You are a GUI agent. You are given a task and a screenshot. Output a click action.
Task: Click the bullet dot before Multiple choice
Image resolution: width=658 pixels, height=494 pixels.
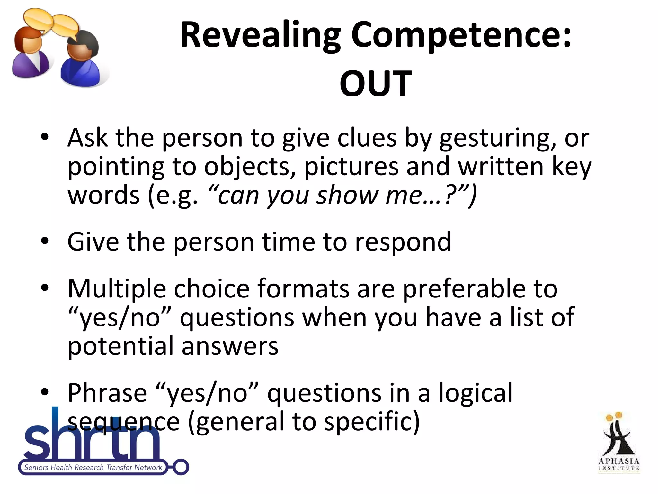point(45,287)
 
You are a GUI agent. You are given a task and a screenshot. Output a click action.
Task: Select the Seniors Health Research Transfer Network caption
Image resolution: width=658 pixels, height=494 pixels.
point(93,467)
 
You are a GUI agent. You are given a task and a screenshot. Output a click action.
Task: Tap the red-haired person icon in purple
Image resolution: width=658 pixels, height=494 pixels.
point(31,53)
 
